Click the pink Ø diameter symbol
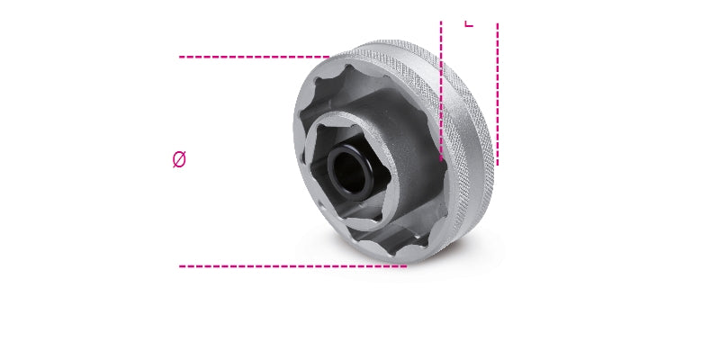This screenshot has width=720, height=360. click(179, 160)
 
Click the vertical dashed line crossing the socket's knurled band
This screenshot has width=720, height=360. click(441, 90)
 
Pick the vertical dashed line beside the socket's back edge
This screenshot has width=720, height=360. click(497, 90)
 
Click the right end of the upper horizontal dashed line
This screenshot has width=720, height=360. click(329, 57)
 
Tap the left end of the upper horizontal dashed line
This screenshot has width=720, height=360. click(180, 57)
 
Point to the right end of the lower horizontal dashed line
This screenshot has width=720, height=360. click(406, 265)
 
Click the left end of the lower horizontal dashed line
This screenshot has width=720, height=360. click(180, 265)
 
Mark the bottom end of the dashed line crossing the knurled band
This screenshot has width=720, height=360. click(441, 160)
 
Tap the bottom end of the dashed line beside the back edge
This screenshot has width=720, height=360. click(497, 164)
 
